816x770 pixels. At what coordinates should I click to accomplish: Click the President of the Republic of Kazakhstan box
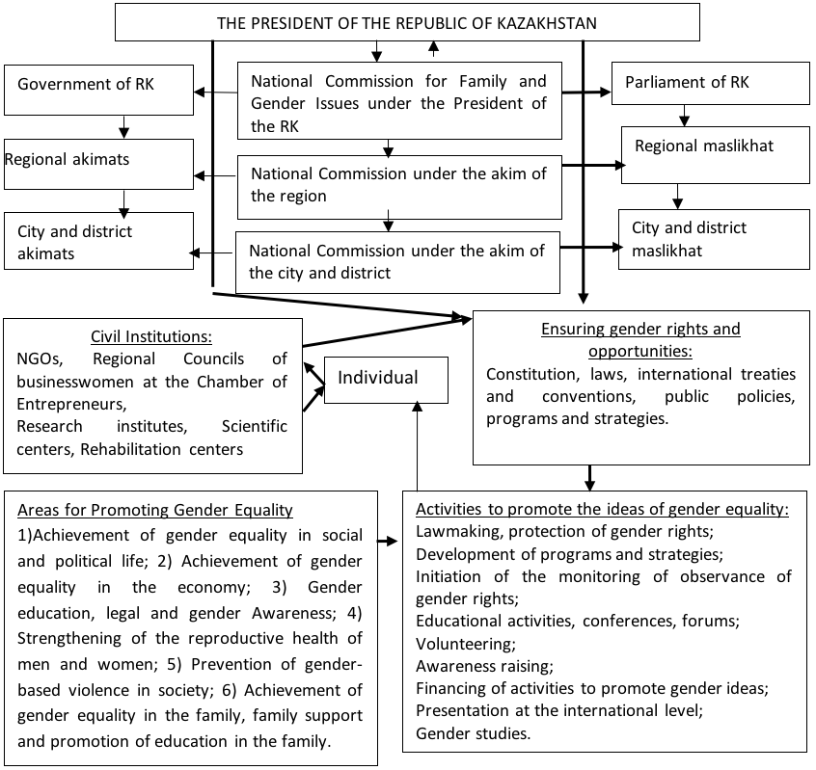click(x=407, y=22)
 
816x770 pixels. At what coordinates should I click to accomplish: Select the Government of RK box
click(x=99, y=90)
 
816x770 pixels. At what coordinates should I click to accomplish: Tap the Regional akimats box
click(x=99, y=164)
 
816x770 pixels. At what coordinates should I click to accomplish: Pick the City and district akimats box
click(x=99, y=241)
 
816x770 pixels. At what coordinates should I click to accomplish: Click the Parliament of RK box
click(x=710, y=83)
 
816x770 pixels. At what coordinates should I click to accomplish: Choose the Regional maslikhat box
click(x=716, y=155)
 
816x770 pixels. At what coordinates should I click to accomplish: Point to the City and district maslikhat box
click(x=714, y=239)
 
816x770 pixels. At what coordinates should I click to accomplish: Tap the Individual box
click(x=386, y=380)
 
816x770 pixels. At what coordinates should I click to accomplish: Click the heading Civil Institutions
click(x=151, y=336)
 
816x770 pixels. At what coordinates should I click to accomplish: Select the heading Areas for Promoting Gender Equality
click(x=155, y=510)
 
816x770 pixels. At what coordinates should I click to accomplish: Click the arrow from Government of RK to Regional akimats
click(x=123, y=127)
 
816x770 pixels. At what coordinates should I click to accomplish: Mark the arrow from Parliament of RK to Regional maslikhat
click(x=684, y=116)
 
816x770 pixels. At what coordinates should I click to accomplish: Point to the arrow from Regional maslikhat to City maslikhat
click(x=677, y=197)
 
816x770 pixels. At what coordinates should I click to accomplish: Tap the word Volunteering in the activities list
click(x=466, y=644)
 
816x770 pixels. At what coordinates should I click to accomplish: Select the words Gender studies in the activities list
click(x=473, y=733)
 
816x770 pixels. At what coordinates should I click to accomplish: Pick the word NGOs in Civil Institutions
click(x=41, y=359)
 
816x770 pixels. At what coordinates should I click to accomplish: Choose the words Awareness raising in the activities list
click(x=484, y=667)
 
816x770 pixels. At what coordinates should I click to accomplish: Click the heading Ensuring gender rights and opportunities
click(x=640, y=340)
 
